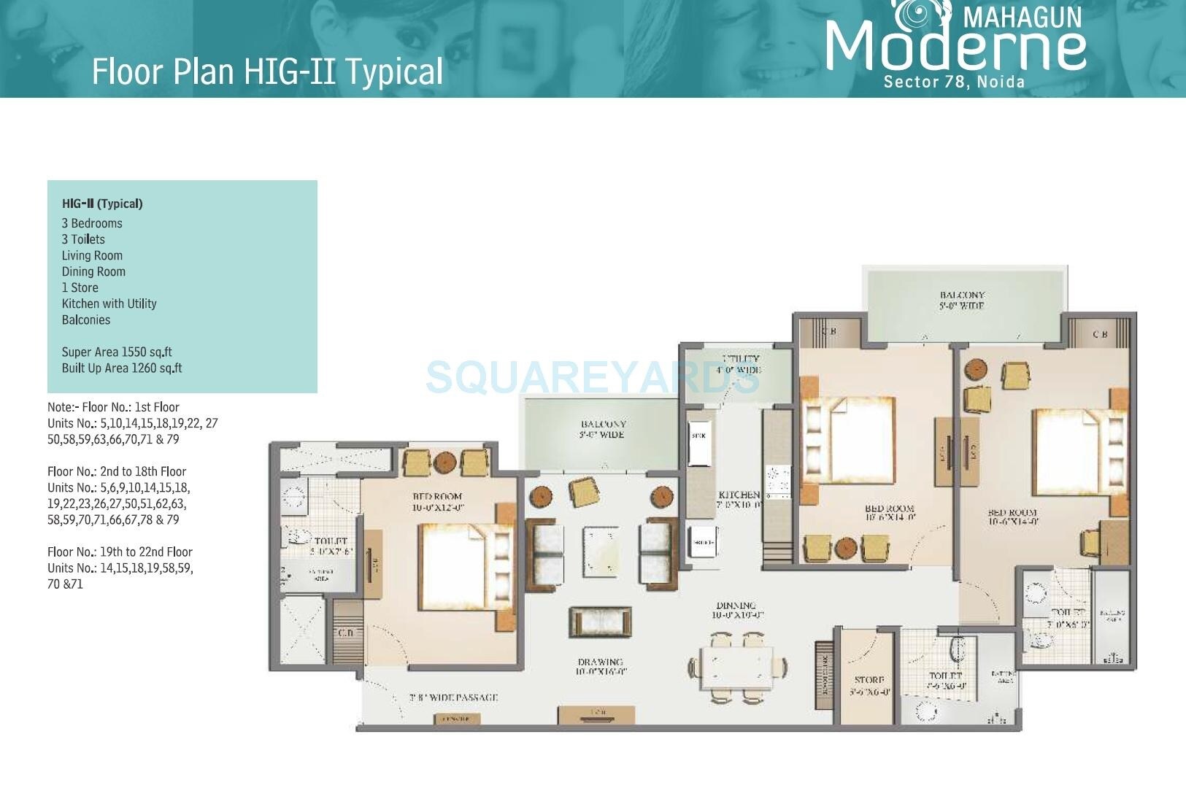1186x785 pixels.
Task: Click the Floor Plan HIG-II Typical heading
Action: point(267,71)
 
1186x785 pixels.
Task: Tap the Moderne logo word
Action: point(956,45)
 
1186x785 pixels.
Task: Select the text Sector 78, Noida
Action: point(954,82)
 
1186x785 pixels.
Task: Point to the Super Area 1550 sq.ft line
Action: point(117,352)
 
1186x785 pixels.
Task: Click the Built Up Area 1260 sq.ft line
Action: point(122,368)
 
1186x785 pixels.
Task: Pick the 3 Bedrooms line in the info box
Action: point(92,223)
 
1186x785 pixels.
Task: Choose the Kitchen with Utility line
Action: point(109,303)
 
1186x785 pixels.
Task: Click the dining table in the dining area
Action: point(736,667)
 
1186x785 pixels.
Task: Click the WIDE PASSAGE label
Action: point(453,697)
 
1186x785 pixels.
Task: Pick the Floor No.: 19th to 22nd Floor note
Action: point(120,552)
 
